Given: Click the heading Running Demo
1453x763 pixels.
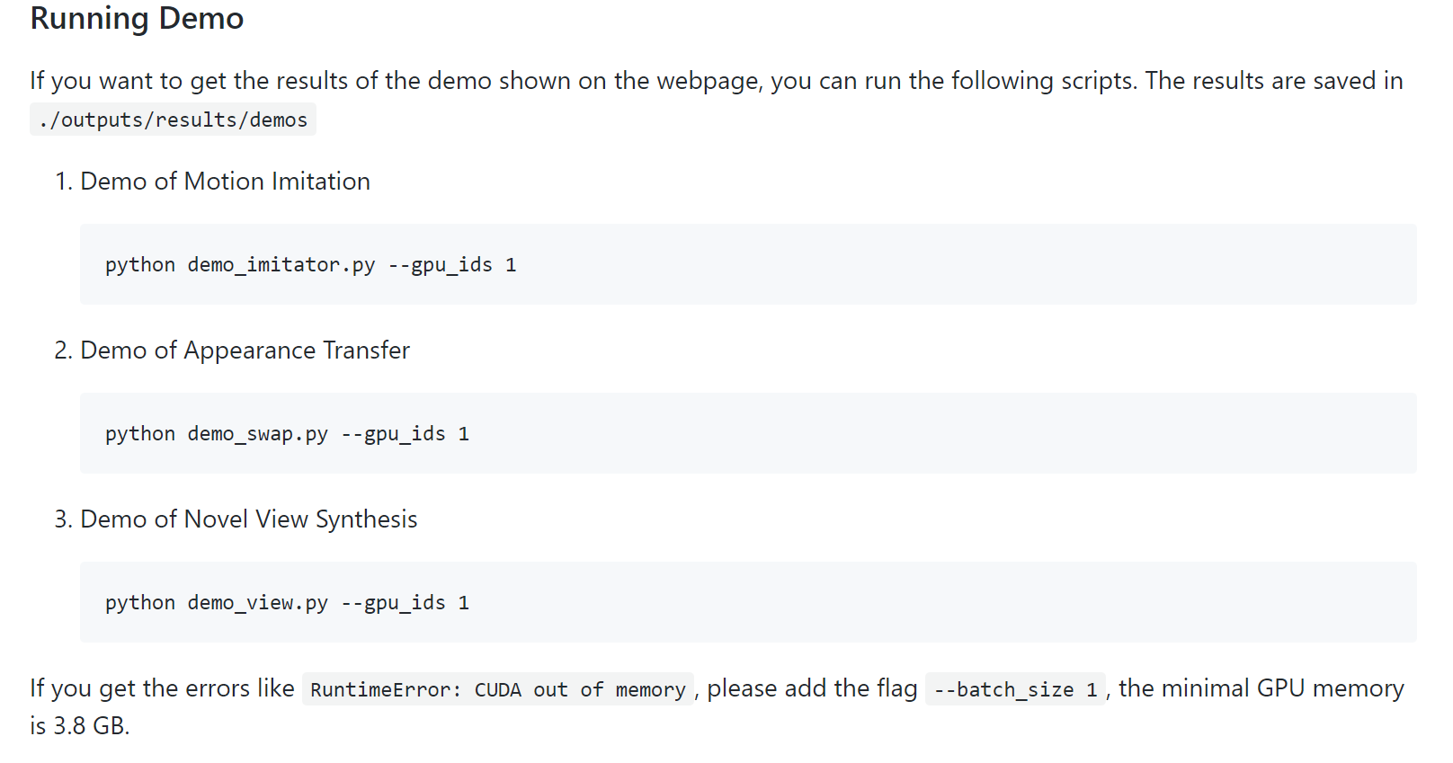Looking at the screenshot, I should (137, 19).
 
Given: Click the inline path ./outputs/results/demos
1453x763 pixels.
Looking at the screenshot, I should (173, 120).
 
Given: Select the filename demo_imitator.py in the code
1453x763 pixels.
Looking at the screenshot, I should (281, 265).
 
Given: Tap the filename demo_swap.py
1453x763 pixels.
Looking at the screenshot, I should (257, 434).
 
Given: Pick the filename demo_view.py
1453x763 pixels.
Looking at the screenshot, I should (257, 603).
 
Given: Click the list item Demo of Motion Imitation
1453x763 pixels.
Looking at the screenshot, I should (225, 182).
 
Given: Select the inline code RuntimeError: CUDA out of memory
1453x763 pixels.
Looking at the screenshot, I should (497, 690).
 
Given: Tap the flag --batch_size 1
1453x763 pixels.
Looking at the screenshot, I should (1015, 690).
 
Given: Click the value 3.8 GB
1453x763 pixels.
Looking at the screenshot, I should (89, 726).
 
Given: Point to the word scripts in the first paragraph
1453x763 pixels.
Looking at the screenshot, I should (1097, 81).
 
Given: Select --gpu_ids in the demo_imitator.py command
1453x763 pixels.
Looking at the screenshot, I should (440, 265).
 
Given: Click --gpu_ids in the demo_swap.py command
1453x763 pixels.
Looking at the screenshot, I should (393, 434).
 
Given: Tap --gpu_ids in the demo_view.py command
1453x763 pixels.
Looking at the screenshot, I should (393, 603).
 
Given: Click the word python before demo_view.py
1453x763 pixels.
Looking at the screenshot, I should (140, 603).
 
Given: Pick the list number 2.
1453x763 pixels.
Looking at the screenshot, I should (62, 350).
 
